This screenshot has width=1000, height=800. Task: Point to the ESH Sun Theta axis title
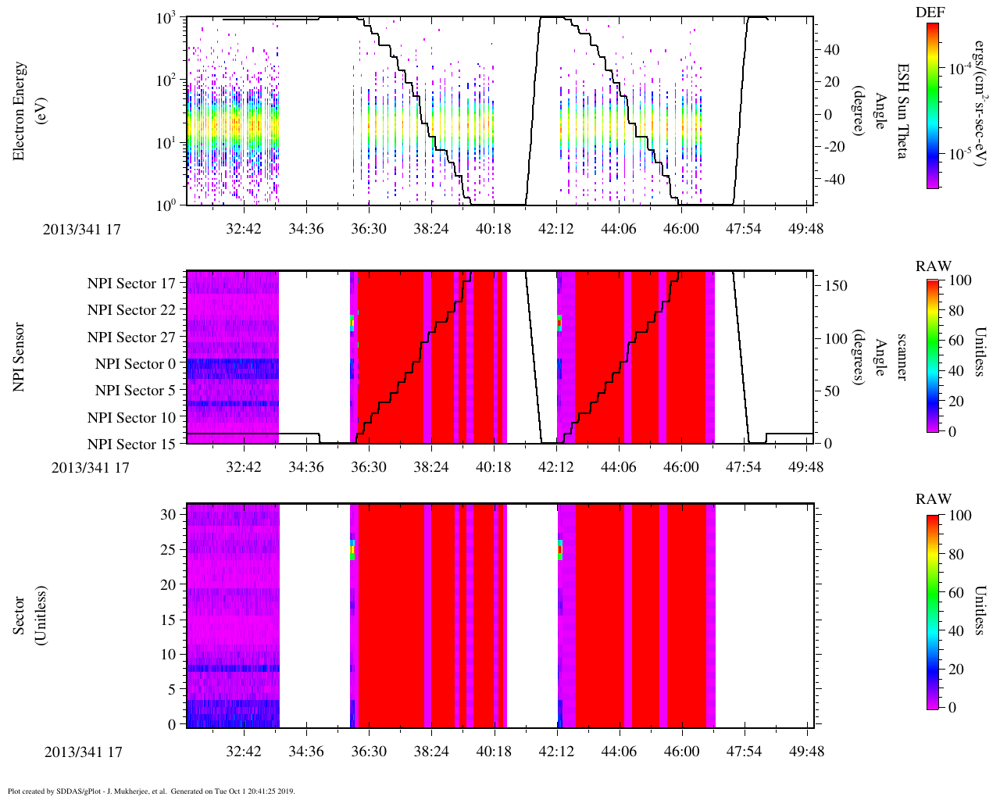pos(902,111)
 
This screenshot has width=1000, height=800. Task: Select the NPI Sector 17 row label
pos(132,284)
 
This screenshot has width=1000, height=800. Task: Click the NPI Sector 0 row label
pos(136,364)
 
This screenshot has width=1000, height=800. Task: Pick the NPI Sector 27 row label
pos(132,337)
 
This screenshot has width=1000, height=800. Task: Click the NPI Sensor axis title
pos(19,357)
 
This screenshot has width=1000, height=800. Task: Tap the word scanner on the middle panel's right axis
pos(902,357)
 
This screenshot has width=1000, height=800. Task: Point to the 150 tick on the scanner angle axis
pos(837,286)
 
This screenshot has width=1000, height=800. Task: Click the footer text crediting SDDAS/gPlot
pos(151,791)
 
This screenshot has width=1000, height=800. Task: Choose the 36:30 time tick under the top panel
pos(368,229)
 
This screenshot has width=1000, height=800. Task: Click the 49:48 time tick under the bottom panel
pos(806,752)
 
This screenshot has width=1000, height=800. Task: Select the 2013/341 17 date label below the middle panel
pos(91,468)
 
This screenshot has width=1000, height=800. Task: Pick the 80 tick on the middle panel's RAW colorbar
pos(959,310)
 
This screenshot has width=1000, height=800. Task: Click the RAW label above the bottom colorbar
pos(934,499)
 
